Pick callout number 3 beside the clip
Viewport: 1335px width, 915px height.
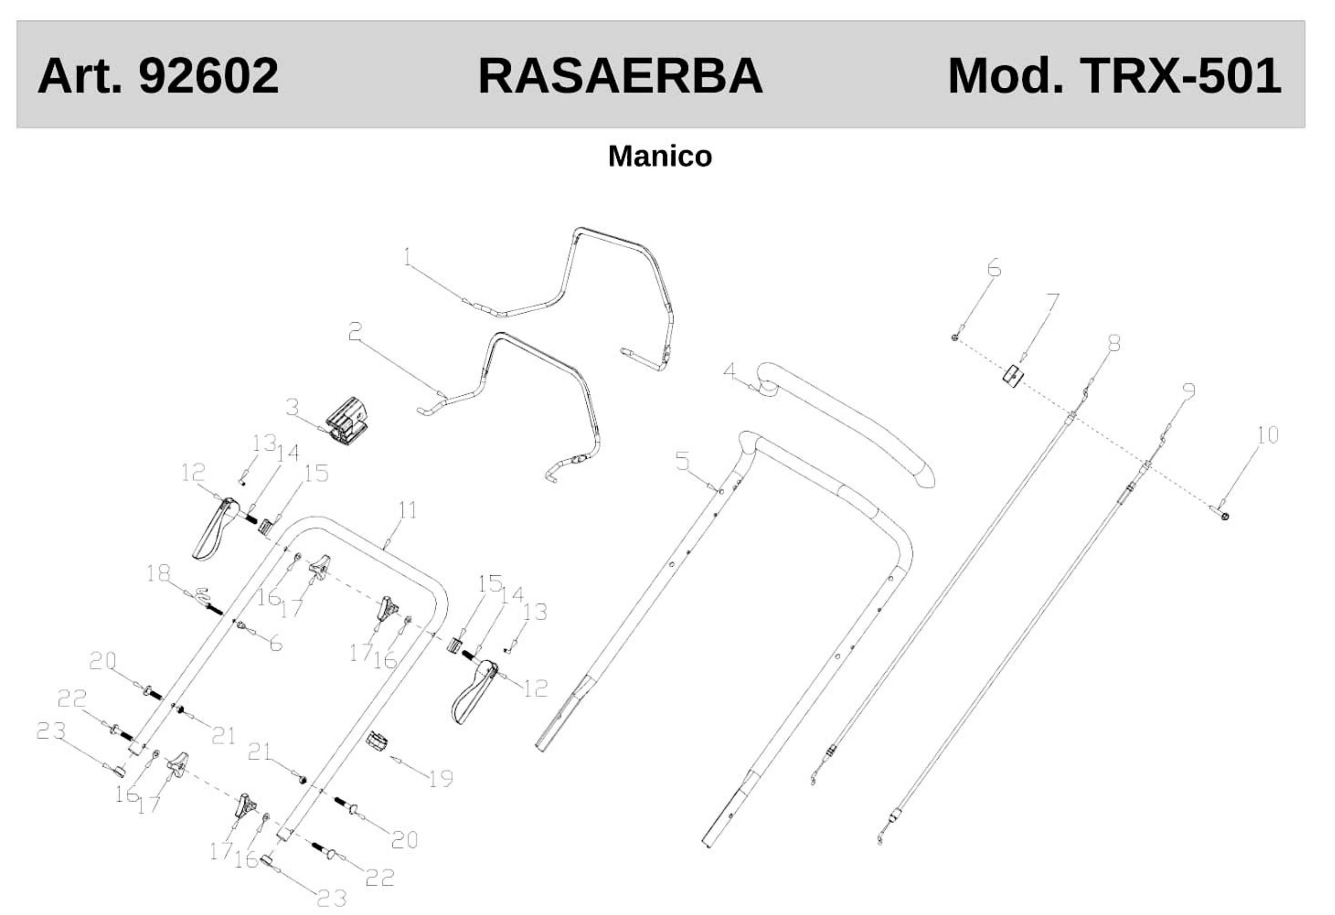[x=292, y=408]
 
